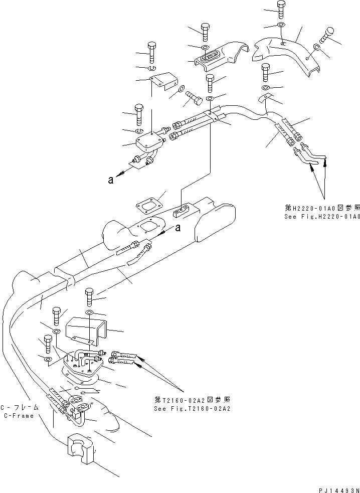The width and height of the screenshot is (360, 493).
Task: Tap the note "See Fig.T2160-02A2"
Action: coord(192,408)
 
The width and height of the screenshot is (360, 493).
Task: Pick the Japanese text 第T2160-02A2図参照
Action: coord(193,400)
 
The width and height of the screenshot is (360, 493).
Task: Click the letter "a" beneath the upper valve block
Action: coord(111,180)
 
